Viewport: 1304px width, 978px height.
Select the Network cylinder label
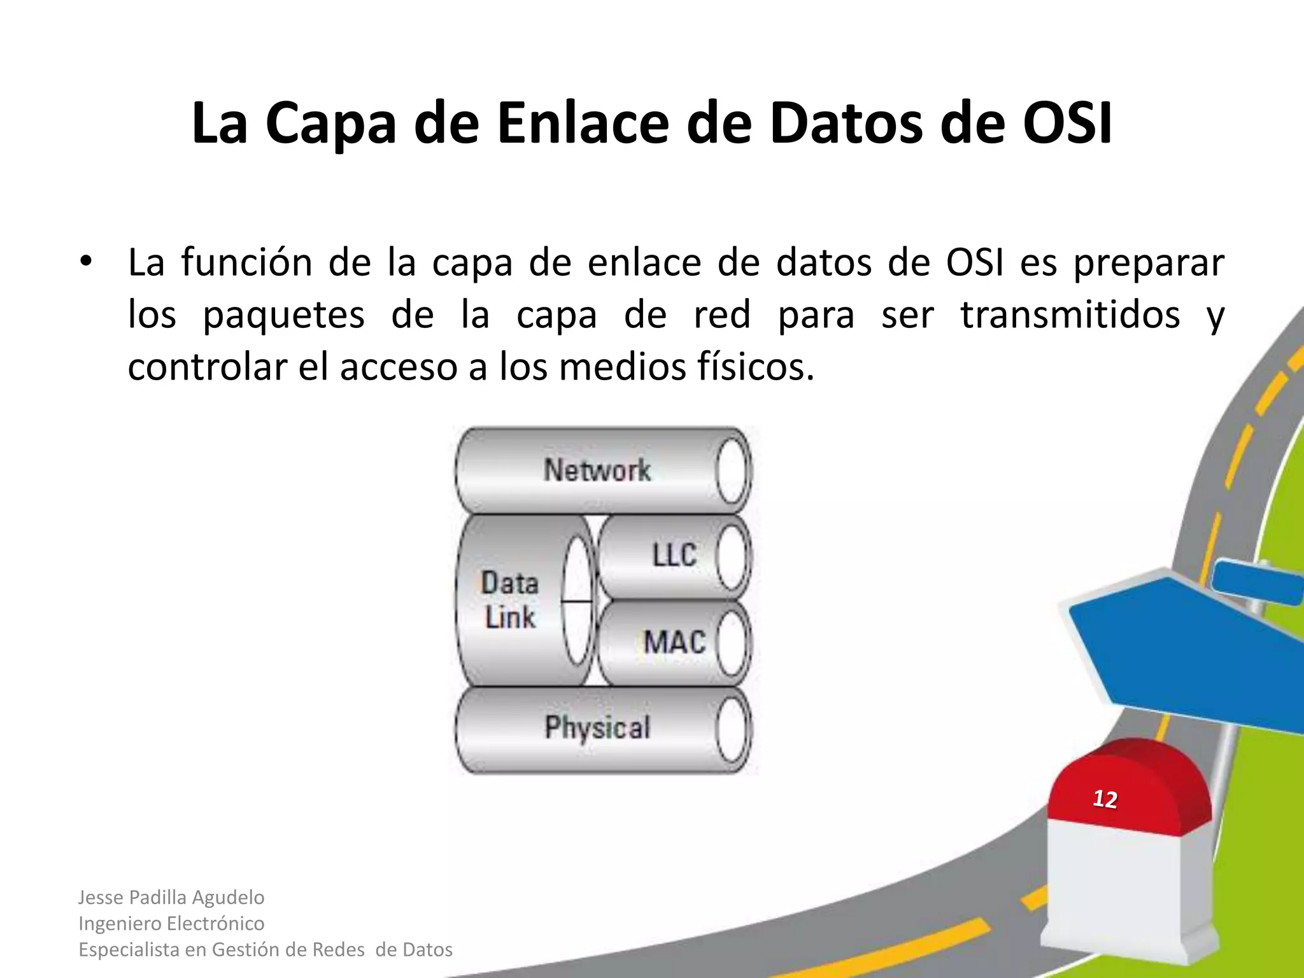597,471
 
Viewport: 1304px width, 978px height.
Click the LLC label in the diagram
674,555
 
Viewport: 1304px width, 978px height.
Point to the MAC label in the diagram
674,641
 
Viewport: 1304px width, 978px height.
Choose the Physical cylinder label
597,728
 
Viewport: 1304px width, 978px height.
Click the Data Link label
509,600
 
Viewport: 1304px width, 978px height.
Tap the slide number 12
1105,799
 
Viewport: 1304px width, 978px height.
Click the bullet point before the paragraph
86,262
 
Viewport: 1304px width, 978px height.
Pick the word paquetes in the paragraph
283,315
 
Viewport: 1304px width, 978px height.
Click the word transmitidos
1070,315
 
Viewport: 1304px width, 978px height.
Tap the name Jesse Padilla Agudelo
171,897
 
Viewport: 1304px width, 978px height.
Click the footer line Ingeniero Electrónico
171,923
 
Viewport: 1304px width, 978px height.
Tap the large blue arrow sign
1184,649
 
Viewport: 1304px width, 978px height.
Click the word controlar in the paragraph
208,367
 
